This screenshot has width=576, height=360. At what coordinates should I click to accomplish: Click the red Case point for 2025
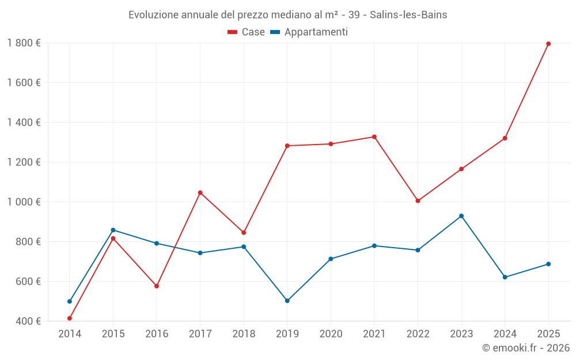[x=548, y=44]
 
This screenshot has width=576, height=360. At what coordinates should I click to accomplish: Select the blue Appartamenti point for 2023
[x=461, y=216]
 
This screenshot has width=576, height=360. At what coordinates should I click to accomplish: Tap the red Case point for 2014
[x=70, y=318]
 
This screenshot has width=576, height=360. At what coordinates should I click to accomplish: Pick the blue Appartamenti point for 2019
[x=287, y=301]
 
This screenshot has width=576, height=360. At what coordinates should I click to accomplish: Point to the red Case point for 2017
[x=200, y=192]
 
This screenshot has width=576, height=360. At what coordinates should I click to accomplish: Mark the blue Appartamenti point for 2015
[x=113, y=230]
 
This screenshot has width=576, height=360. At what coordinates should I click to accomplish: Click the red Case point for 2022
[x=418, y=201]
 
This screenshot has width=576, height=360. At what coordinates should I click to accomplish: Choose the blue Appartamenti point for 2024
[x=505, y=277]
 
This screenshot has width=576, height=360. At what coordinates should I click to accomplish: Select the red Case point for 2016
[x=157, y=286]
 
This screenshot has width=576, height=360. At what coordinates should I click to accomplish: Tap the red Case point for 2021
[x=374, y=137]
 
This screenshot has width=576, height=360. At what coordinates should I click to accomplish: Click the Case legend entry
[x=247, y=32]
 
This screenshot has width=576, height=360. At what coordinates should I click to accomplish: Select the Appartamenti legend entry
[x=309, y=32]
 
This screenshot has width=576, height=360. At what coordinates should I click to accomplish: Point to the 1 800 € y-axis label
[x=24, y=43]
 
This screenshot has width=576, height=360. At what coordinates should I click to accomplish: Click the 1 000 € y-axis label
[x=24, y=202]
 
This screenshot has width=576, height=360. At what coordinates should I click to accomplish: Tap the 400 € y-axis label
[x=27, y=321]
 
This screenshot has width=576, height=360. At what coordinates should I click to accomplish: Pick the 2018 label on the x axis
[x=244, y=334]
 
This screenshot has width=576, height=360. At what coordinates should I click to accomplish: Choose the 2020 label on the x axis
[x=331, y=334]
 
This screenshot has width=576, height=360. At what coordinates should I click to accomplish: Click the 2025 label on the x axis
[x=548, y=334]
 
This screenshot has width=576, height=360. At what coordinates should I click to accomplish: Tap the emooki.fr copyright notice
[x=526, y=348]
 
